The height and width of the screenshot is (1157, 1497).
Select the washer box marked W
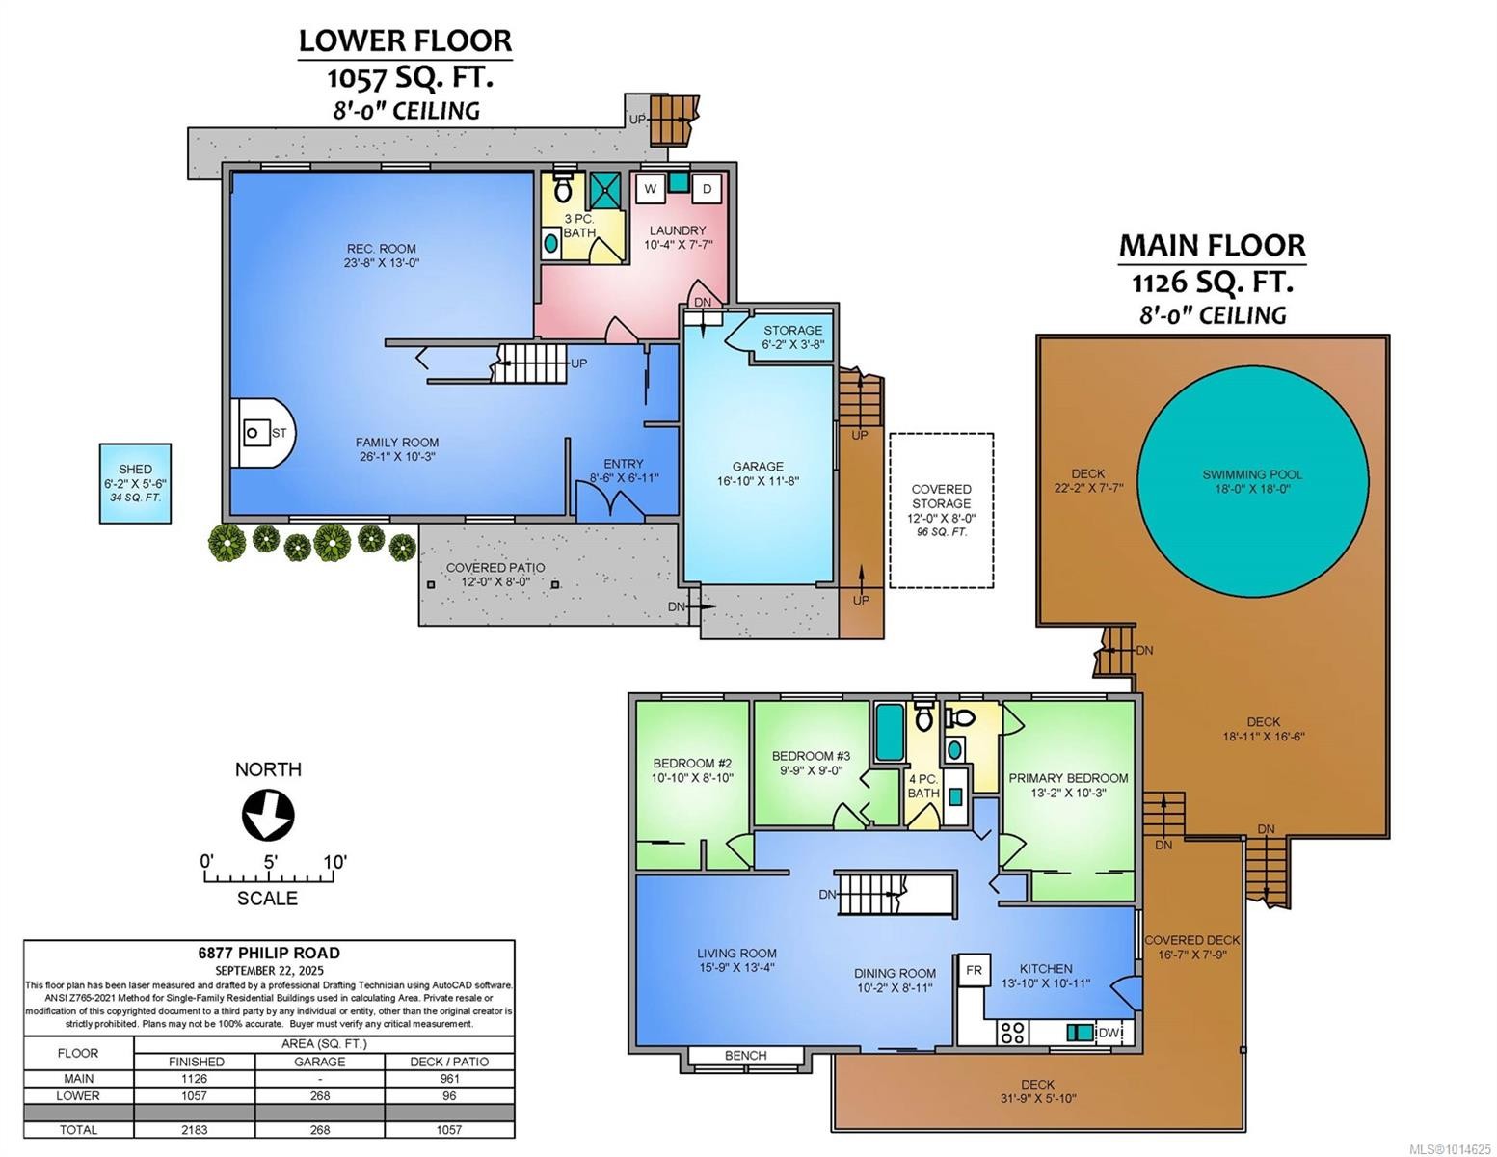point(650,189)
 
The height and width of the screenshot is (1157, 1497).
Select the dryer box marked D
point(707,189)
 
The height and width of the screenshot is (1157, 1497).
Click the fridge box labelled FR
point(974,970)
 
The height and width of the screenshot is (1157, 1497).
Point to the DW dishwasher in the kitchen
point(1109,1034)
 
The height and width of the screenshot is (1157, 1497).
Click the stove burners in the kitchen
point(1012,1033)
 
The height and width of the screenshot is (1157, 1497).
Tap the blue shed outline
point(136,483)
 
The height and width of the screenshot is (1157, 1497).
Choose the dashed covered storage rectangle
point(941,510)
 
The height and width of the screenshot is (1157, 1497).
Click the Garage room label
point(757,467)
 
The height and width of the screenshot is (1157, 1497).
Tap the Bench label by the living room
point(745,1056)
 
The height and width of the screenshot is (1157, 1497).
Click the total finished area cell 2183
point(196,1129)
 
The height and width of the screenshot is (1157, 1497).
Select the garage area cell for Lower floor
point(320,1096)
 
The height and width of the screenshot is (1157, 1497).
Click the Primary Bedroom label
point(1068,778)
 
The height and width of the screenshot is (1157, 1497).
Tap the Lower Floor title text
point(405,40)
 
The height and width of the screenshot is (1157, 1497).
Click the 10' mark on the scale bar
point(334,862)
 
